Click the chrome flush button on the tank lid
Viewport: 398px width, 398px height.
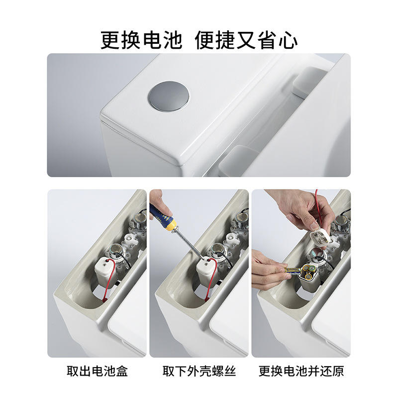[169, 96]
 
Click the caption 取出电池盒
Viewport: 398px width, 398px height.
[97, 371]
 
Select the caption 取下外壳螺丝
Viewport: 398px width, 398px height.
[199, 371]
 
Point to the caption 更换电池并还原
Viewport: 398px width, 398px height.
[301, 371]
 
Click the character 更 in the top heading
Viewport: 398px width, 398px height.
[110, 40]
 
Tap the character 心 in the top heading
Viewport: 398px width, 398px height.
[288, 40]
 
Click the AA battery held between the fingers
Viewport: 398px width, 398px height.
[293, 270]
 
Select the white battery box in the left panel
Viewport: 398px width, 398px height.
[103, 270]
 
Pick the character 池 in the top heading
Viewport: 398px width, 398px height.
[173, 40]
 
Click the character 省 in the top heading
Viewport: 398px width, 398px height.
[267, 40]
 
